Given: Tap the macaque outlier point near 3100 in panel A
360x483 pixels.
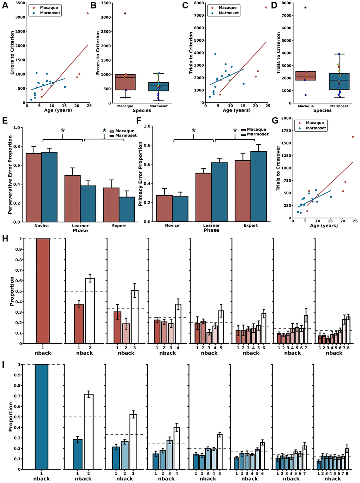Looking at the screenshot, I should tap(88, 13).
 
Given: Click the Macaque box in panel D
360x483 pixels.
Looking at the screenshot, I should tap(306, 76).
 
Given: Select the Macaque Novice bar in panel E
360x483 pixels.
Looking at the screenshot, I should tap(34, 187).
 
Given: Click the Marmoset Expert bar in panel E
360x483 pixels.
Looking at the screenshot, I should tap(127, 209).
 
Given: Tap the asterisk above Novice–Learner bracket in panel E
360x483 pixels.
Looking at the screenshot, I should tap(63, 131).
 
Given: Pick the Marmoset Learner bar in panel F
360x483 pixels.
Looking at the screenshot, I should tap(219, 192).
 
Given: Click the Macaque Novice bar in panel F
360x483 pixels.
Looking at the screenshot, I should tap(164, 208).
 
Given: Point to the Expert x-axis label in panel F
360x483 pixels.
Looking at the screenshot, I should tap(251, 225).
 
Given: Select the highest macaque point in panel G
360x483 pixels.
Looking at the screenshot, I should tap(353, 137).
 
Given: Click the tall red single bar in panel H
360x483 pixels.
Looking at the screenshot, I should tap(43, 291).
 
